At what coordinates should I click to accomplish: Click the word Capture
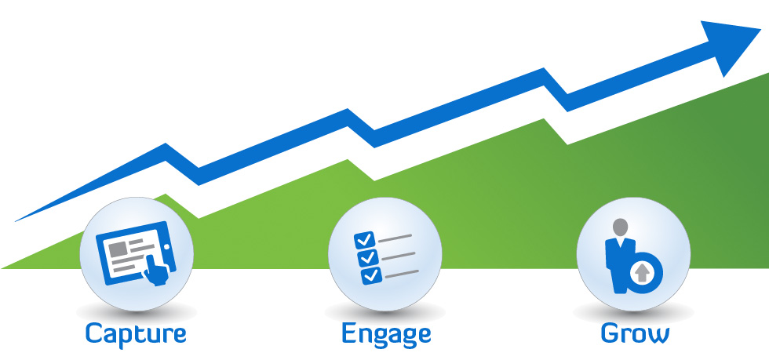click(x=136, y=333)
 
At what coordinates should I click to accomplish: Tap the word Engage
click(x=386, y=333)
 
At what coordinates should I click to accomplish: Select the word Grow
click(x=635, y=333)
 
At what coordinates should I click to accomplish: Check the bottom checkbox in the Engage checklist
click(x=370, y=275)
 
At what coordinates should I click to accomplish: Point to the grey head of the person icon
click(x=621, y=227)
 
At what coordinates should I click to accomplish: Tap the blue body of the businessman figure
click(x=616, y=259)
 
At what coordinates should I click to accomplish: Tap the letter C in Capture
click(x=94, y=333)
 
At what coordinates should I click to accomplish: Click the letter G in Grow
click(x=610, y=333)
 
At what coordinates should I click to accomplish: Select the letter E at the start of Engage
click(x=349, y=333)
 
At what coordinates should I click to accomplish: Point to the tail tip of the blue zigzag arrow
click(x=17, y=220)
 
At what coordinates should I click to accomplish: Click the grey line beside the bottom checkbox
click(x=401, y=273)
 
